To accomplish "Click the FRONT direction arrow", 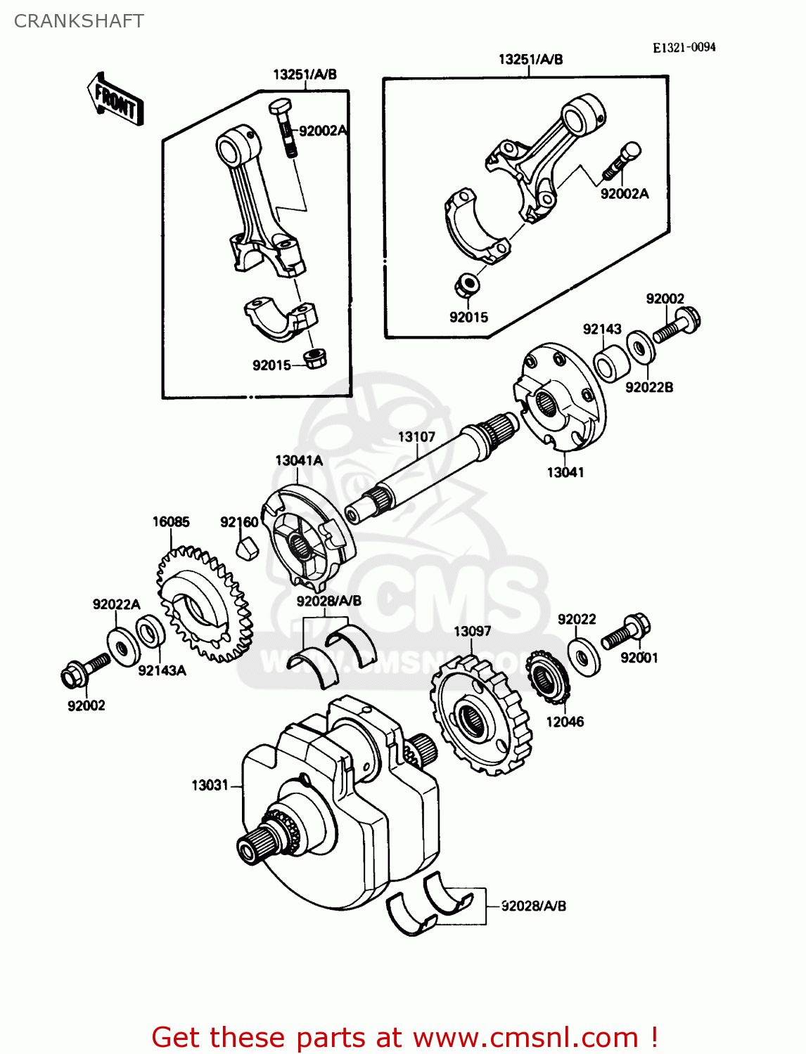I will coord(115,100).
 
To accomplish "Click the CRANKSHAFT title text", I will coord(79,21).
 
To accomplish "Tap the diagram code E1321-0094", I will coord(684,47).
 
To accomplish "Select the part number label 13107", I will coord(416,436).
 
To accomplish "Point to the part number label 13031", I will coord(210,785).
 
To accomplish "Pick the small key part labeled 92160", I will coord(245,547).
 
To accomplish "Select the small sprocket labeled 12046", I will coord(547,675).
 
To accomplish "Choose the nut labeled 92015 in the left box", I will coord(314,358).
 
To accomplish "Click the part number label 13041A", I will coord(299,460).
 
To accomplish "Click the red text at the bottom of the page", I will coord(404,1037).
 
